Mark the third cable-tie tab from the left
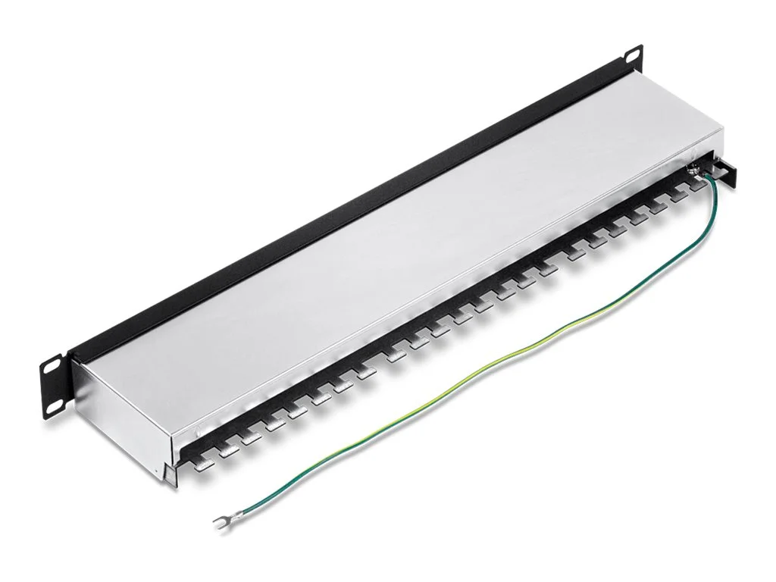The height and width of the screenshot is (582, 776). tap(252, 437)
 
